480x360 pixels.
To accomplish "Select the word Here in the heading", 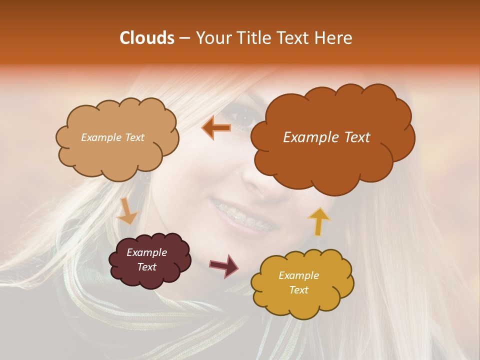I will (x=333, y=38).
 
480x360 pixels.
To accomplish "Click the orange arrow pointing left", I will (x=216, y=128).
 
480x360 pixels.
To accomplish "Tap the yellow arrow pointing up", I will (x=318, y=221).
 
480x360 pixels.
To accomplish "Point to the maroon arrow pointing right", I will (x=224, y=265).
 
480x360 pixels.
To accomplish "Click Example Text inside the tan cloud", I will (x=112, y=137).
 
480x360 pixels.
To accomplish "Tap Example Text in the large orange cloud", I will (x=326, y=137).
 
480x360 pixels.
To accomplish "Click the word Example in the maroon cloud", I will (x=146, y=252).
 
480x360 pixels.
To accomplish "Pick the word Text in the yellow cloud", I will (x=298, y=290).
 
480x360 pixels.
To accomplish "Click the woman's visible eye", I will (x=245, y=119).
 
